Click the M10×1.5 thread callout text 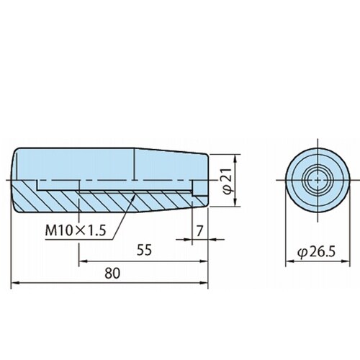click(x=76, y=230)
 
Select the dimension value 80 click(x=112, y=274)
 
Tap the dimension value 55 click(x=144, y=250)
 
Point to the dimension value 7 click(x=199, y=231)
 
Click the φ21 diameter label click(x=228, y=180)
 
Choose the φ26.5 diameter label click(x=316, y=252)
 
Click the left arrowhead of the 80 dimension click(x=15, y=283)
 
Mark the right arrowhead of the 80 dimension click(x=204, y=283)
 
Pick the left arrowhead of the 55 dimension click(x=83, y=261)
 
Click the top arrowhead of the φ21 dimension click(x=235, y=158)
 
